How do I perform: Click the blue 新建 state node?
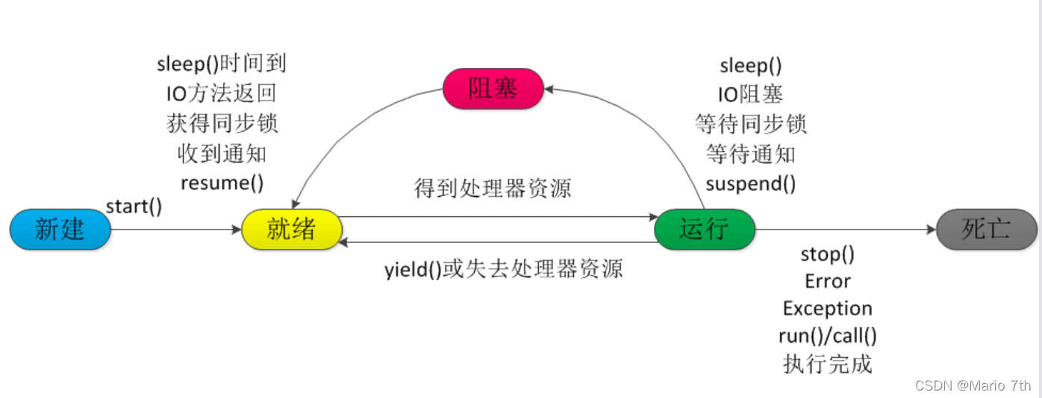click(60, 230)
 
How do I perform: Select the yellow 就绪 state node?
click(292, 230)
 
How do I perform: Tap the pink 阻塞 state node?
click(493, 89)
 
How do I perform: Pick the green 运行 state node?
click(705, 230)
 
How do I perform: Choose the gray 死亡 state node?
click(986, 230)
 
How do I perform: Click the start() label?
click(134, 206)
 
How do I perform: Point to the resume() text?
click(222, 182)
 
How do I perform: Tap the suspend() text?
click(751, 183)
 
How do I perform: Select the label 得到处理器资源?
click(493, 189)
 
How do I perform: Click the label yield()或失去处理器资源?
click(504, 269)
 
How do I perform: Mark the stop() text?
click(828, 255)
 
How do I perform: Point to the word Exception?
click(828, 309)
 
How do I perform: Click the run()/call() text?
click(828, 336)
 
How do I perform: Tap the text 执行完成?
click(828, 364)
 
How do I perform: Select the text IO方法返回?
click(222, 93)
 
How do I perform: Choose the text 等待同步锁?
click(751, 124)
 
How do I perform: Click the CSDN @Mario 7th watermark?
click(973, 385)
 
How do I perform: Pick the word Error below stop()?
click(828, 282)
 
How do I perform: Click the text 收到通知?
click(222, 153)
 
